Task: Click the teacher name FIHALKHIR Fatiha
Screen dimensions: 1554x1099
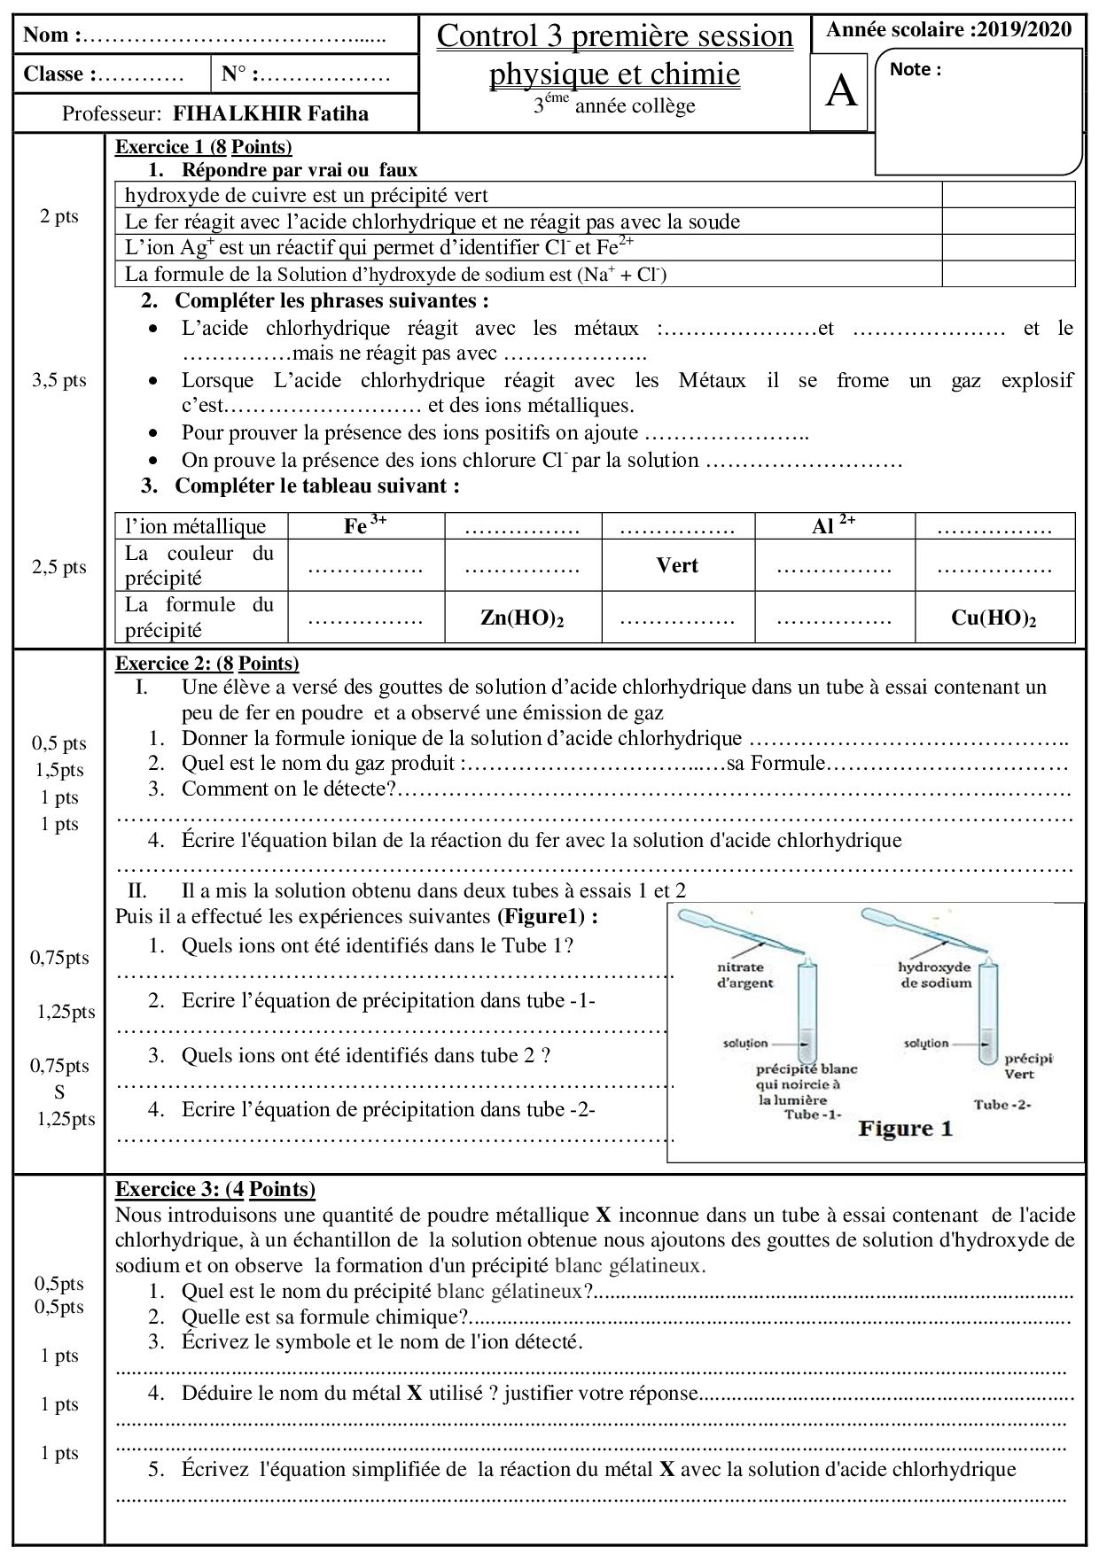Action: coord(270,113)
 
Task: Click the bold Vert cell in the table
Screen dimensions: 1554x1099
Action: coord(677,565)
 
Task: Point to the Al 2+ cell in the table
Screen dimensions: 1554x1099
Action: coord(833,525)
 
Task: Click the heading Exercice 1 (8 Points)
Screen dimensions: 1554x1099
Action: coord(203,147)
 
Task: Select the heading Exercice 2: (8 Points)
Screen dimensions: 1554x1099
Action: coord(207,663)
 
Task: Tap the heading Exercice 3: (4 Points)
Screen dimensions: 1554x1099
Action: coord(215,1189)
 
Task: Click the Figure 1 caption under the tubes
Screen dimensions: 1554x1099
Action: coord(904,1129)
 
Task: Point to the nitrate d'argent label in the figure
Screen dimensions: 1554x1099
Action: coord(744,975)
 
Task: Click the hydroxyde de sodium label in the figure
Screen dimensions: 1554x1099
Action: coord(934,975)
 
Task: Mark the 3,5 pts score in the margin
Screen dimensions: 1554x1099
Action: coord(59,380)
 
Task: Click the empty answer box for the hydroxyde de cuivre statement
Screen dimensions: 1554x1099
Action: coord(1008,195)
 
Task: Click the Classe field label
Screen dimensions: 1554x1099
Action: coord(58,74)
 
